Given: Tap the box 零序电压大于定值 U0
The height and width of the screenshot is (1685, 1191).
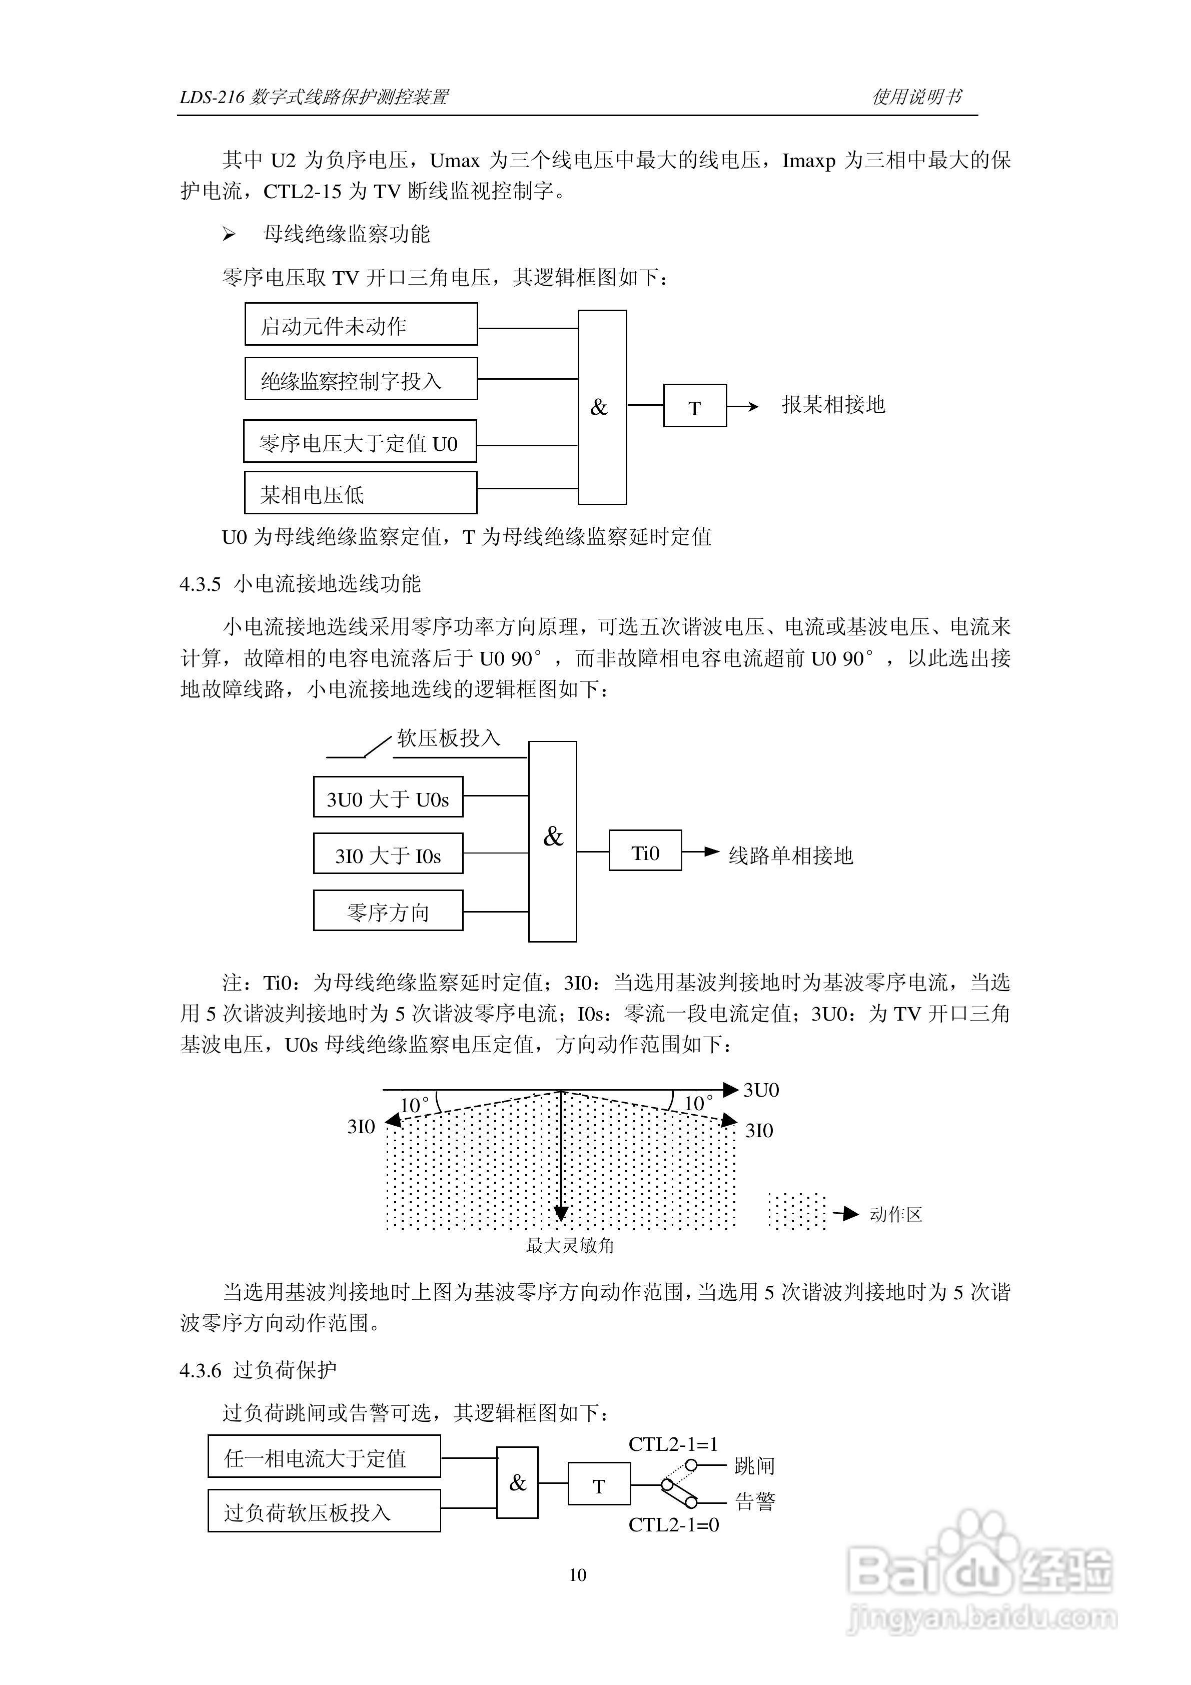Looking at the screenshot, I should (x=360, y=442).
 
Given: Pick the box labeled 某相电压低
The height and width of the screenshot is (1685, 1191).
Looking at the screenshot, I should (x=360, y=493).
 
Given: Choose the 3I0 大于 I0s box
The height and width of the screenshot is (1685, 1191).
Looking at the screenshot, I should (x=388, y=854).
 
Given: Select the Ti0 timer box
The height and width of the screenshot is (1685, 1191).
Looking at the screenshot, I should (x=645, y=852).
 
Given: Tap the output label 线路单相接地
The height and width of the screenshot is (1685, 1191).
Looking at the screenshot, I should (x=790, y=855).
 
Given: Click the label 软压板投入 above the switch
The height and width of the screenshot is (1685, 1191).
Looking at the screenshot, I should (x=448, y=737).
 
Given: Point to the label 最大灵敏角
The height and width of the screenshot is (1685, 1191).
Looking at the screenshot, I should (x=569, y=1246).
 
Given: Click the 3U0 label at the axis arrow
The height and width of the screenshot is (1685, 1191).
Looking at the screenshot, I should (x=761, y=1090).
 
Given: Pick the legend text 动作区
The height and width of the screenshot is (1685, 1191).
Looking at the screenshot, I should (x=895, y=1215).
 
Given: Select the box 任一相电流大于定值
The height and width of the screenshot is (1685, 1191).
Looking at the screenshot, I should (x=324, y=1457).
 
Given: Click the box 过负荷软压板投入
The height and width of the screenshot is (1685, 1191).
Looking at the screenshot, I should (x=324, y=1512).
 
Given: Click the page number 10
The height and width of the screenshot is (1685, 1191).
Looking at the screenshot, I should (x=578, y=1575).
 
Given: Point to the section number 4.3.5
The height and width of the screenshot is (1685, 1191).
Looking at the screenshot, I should (x=201, y=584).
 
